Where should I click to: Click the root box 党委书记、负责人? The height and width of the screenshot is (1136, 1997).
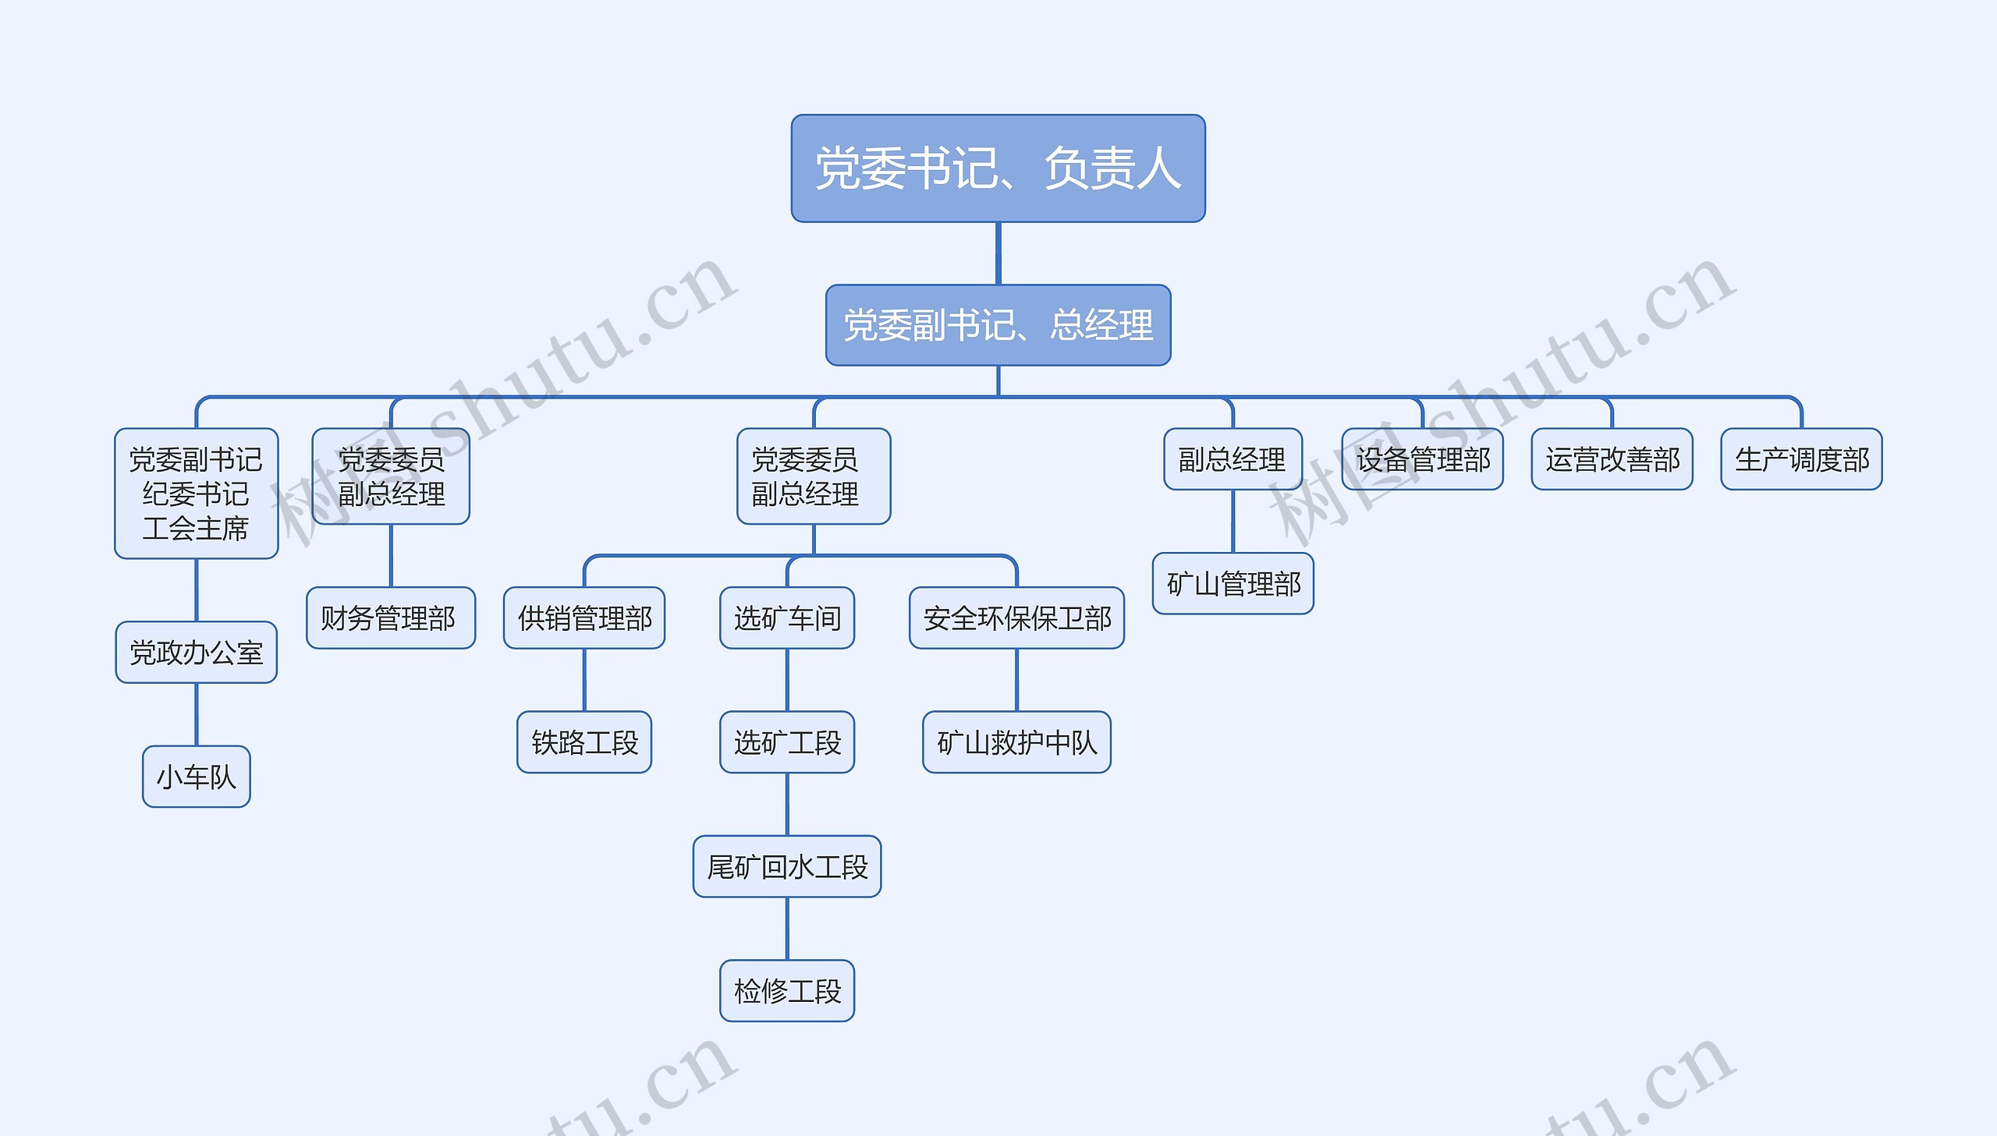[x=997, y=168]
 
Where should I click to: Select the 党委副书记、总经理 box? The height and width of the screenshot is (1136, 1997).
[x=997, y=324]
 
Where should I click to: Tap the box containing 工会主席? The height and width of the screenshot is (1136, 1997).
[x=196, y=493]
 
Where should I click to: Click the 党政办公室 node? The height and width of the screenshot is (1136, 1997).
[x=196, y=653]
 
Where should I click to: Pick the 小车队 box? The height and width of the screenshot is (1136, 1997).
[x=196, y=777]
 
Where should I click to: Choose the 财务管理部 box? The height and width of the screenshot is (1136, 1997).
[x=390, y=618]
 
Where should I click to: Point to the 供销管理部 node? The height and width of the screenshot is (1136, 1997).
[x=583, y=618]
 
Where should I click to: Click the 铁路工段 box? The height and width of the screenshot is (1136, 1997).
[x=583, y=742]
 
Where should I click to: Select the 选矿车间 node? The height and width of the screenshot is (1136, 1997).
[x=786, y=618]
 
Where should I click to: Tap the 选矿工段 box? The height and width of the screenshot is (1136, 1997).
[x=786, y=742]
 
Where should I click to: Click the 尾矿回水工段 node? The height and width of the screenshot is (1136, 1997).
[x=786, y=866]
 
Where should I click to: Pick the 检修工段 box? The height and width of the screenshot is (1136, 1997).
[x=786, y=991]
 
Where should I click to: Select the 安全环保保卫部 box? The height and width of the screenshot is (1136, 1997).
[x=1016, y=618]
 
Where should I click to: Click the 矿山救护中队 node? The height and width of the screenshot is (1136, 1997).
[x=1016, y=742]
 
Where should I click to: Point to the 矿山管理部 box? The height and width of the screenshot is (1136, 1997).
[x=1233, y=584]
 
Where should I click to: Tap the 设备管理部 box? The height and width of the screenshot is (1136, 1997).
[x=1422, y=458]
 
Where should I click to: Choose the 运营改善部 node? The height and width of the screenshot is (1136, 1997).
[x=1612, y=458]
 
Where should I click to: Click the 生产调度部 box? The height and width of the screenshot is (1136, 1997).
[x=1801, y=458]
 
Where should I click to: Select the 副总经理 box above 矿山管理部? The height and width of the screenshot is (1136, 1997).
[x=1233, y=458]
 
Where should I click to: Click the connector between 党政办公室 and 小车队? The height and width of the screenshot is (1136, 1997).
[x=196, y=714]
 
